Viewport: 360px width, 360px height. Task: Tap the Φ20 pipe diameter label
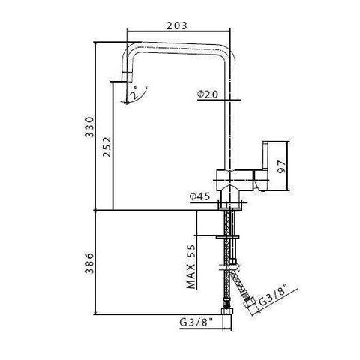point(208,94)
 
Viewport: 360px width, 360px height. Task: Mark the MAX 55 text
point(191,266)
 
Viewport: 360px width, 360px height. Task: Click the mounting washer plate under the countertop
point(229,238)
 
